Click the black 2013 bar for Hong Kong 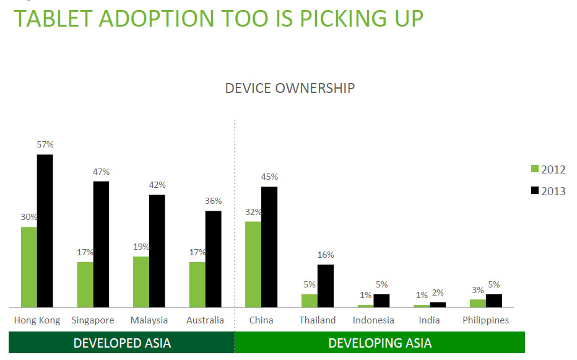pyautogui.click(x=45, y=230)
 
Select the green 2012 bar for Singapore pyautogui.click(x=85, y=284)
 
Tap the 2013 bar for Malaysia pyautogui.click(x=157, y=251)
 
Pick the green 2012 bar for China pyautogui.click(x=253, y=264)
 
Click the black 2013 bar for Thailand pyautogui.click(x=326, y=286)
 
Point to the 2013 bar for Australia pyautogui.click(x=213, y=259)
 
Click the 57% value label pyautogui.click(x=45, y=144)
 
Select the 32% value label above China pyautogui.click(x=253, y=212)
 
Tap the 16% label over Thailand pyautogui.click(x=326, y=255)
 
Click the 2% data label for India pyautogui.click(x=438, y=293)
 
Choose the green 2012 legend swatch pyautogui.click(x=535, y=169)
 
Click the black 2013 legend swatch pyautogui.click(x=535, y=191)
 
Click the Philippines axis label pyautogui.click(x=485, y=320)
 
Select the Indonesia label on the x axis pyautogui.click(x=373, y=320)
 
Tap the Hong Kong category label pyautogui.click(x=37, y=320)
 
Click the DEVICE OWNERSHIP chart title pyautogui.click(x=290, y=88)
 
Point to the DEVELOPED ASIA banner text pyautogui.click(x=122, y=343)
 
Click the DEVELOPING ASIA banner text pyautogui.click(x=380, y=343)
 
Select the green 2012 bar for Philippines pyautogui.click(x=477, y=303)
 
